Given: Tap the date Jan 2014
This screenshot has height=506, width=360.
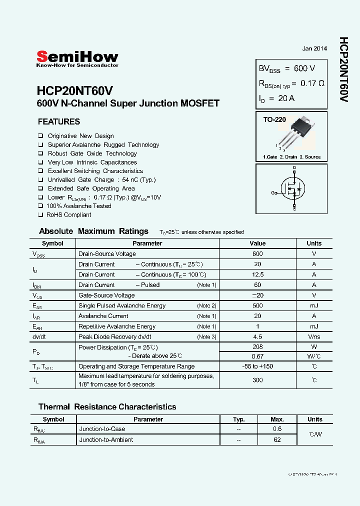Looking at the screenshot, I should click(314, 48).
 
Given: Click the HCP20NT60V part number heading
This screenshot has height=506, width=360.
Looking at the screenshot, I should click(75, 91).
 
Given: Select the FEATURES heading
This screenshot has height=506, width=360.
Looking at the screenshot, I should click(59, 121).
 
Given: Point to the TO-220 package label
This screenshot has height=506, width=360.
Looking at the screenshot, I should click(274, 120).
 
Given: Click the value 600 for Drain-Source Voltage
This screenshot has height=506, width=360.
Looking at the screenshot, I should click(257, 254).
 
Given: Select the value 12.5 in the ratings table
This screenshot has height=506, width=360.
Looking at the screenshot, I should click(257, 274).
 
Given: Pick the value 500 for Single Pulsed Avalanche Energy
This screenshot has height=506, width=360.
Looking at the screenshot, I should click(257, 305).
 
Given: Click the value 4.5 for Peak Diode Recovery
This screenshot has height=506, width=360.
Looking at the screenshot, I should click(257, 336).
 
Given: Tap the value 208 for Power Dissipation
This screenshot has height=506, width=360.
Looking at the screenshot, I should click(257, 347).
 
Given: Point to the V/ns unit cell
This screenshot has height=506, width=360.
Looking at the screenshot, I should click(314, 336).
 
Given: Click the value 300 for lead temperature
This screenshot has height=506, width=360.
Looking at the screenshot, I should click(257, 380).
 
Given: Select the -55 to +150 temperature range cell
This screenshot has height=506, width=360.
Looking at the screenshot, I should click(257, 366).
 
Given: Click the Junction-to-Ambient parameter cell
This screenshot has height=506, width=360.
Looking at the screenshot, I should click(106, 440).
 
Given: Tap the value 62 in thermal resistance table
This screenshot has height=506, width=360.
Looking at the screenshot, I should click(277, 440).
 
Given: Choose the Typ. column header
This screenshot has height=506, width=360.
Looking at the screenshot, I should click(239, 419).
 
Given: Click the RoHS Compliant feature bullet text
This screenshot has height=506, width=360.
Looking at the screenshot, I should click(68, 215).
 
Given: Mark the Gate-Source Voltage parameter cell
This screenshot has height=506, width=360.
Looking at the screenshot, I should click(106, 295).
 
